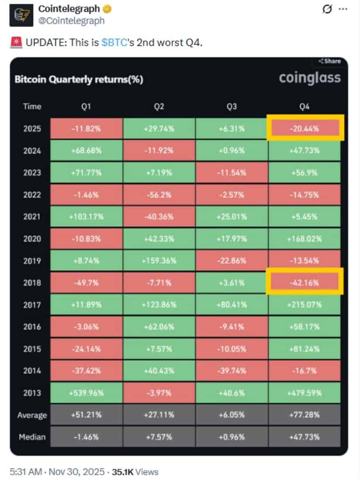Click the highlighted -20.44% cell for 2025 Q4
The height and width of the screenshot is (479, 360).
[305, 128]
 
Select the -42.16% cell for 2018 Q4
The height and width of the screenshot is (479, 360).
[305, 282]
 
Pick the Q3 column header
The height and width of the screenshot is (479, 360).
[232, 106]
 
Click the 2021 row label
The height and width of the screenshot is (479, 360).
[32, 216]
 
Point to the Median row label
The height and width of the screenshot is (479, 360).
[32, 437]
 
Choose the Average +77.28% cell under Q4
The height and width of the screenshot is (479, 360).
[305, 415]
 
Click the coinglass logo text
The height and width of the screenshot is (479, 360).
[309, 78]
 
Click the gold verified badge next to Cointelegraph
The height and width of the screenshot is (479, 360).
[107, 9]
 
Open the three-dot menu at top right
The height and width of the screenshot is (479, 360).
[344, 9]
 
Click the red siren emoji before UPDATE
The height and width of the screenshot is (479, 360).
[14, 43]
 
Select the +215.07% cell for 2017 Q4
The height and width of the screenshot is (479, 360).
[305, 305]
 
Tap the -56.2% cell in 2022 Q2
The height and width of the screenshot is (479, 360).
[159, 195]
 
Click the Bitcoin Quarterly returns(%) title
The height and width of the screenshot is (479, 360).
[79, 79]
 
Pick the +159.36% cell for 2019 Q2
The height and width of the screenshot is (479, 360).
[159, 260]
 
